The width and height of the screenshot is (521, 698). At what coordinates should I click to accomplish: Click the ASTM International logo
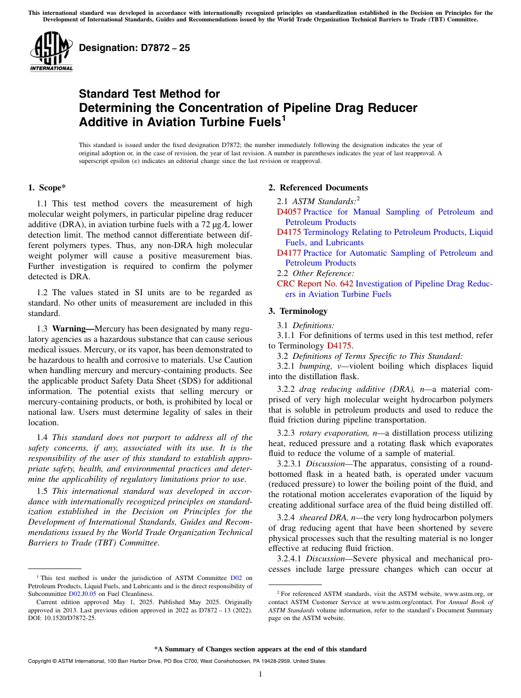point(51,52)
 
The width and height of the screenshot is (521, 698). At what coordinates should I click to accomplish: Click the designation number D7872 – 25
point(134,48)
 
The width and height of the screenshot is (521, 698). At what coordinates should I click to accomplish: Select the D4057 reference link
point(288,212)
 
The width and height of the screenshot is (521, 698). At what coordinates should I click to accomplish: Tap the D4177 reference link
point(288,253)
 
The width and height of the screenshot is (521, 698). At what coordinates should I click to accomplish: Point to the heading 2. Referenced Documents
point(318,188)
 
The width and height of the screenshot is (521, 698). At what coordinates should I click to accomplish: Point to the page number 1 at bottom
point(260,674)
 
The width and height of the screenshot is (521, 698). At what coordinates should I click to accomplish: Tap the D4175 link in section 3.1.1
point(338,346)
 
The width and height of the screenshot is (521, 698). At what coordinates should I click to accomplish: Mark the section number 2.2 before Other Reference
point(284,273)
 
